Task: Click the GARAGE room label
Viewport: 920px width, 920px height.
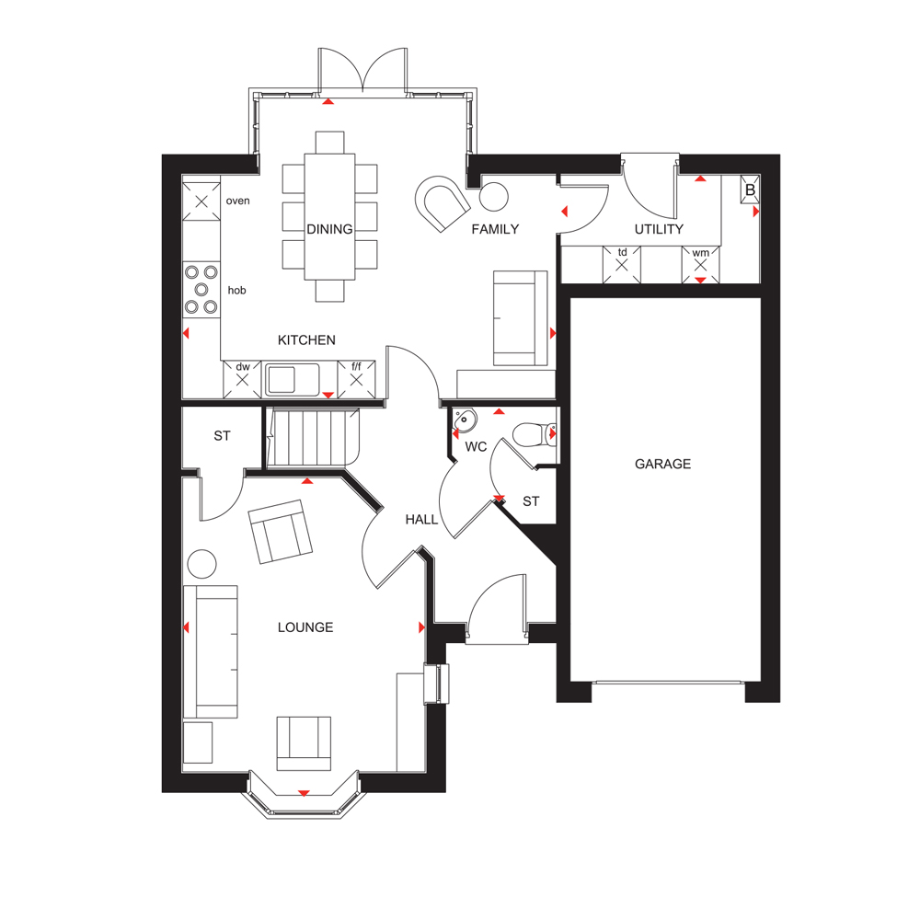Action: click(x=662, y=464)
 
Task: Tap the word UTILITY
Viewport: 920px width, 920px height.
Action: click(x=659, y=229)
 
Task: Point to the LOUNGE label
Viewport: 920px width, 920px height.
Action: click(x=305, y=627)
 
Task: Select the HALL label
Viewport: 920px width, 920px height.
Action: click(x=421, y=519)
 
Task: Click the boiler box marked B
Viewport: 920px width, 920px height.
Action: click(x=750, y=190)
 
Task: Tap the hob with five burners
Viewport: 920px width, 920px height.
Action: click(x=201, y=289)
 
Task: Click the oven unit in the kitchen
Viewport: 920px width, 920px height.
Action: click(x=201, y=201)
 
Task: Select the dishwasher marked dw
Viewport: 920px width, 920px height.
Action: click(x=242, y=379)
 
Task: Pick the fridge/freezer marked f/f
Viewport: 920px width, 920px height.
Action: click(x=356, y=379)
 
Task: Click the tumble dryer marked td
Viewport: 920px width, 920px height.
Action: click(x=622, y=265)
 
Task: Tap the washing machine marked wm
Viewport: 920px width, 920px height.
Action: click(x=700, y=265)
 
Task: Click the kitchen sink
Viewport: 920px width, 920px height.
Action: click(x=293, y=379)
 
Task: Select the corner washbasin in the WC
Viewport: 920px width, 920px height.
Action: click(x=464, y=420)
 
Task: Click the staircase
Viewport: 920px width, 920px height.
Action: click(x=313, y=438)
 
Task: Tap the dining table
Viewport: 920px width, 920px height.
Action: click(x=329, y=216)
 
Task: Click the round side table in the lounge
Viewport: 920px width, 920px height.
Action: click(x=201, y=564)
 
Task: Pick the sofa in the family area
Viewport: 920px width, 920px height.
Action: click(x=521, y=318)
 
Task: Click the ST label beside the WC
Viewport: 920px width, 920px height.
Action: click(x=531, y=501)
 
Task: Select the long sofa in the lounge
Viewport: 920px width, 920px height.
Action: click(x=211, y=651)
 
